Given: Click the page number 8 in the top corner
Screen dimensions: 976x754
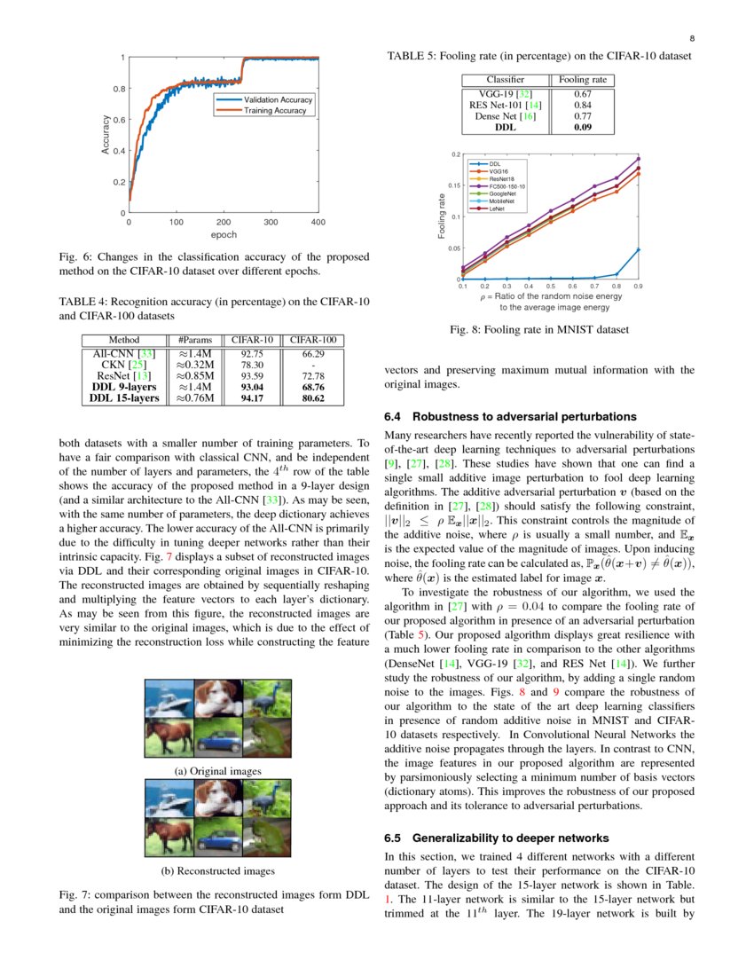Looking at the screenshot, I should coord(690,38).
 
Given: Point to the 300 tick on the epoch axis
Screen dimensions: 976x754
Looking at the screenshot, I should coord(271,222).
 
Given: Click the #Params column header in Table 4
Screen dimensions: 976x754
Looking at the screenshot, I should coord(193,340).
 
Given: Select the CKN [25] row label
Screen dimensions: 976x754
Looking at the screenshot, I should coord(124,364).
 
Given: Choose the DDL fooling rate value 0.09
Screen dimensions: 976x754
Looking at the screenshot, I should coord(583,127).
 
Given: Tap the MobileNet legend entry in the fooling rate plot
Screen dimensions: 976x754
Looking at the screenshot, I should coord(503,201).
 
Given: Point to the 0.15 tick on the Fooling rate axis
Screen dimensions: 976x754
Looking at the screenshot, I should coord(452,185).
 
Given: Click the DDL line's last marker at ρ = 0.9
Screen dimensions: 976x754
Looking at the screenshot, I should coord(638,250).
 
